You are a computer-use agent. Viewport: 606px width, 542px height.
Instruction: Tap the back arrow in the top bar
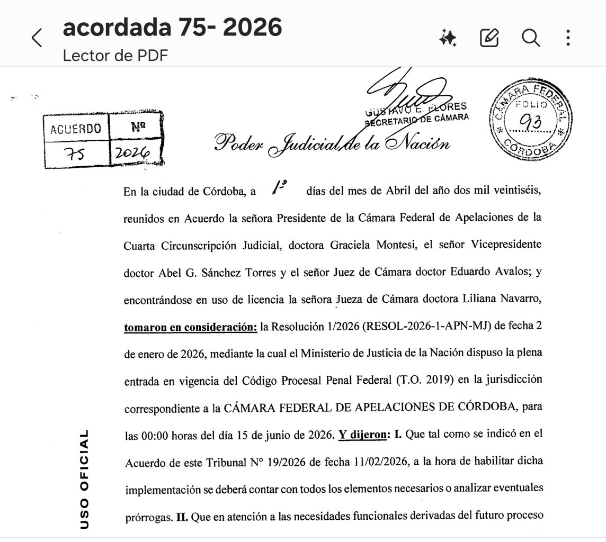(37, 38)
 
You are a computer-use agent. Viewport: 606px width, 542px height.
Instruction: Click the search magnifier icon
(530, 38)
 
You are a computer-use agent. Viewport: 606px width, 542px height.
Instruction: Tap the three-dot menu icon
(568, 38)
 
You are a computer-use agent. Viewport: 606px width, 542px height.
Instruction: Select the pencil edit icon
(489, 38)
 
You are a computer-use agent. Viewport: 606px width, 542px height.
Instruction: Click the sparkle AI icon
(448, 38)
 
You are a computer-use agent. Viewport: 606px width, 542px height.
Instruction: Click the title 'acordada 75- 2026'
(172, 28)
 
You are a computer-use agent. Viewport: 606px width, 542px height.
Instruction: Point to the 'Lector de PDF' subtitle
(115, 55)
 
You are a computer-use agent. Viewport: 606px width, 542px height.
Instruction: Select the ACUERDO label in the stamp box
(75, 129)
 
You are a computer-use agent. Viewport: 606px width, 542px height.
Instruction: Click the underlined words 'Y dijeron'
(362, 435)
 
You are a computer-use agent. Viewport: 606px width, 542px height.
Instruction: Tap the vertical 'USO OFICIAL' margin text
(84, 479)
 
